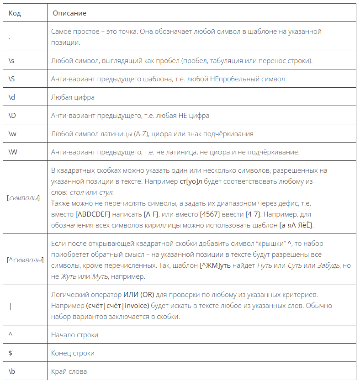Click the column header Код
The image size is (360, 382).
(15, 13)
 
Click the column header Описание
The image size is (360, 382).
(69, 13)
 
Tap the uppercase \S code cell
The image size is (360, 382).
(12, 79)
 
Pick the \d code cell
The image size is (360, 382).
(12, 97)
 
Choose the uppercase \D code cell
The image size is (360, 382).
(13, 116)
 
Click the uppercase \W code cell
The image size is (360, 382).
(13, 152)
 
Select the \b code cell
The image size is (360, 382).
(12, 371)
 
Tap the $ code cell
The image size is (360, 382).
(11, 353)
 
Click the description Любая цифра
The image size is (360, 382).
(73, 97)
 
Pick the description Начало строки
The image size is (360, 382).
(74, 335)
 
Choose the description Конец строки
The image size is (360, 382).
(73, 353)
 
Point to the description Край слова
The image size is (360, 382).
(69, 371)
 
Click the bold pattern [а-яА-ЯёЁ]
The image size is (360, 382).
(296, 225)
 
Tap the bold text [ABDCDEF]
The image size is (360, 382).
(95, 214)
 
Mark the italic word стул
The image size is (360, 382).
(106, 192)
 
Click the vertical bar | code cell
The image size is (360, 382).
(11, 306)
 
